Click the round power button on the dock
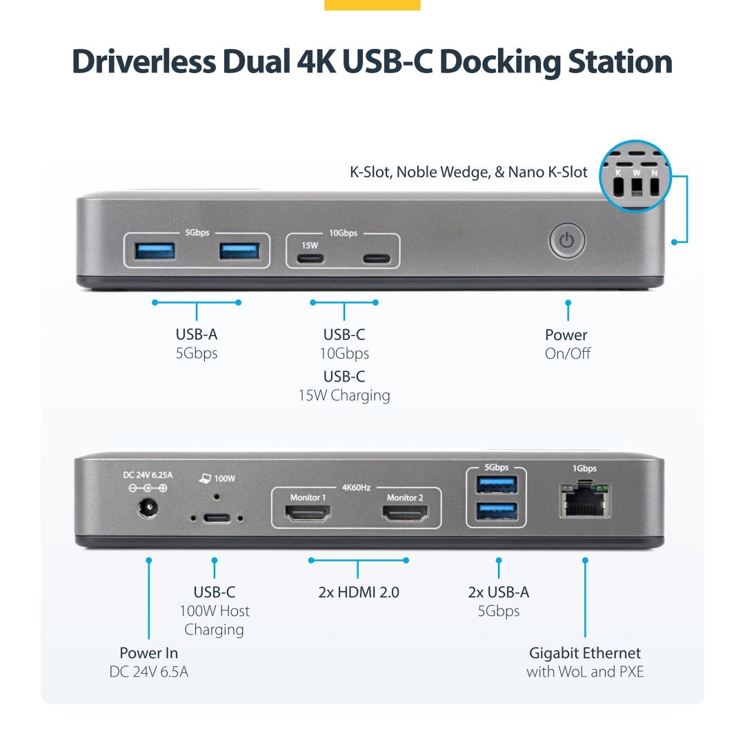(x=567, y=241)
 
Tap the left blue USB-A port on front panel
(x=155, y=251)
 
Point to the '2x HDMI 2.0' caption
(x=359, y=592)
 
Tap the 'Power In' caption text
(x=148, y=653)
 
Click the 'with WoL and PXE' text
(x=585, y=671)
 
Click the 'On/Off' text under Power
(x=567, y=353)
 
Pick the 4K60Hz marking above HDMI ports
(x=356, y=488)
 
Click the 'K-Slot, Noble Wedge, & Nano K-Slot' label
(x=469, y=172)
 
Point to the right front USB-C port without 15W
(x=377, y=259)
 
